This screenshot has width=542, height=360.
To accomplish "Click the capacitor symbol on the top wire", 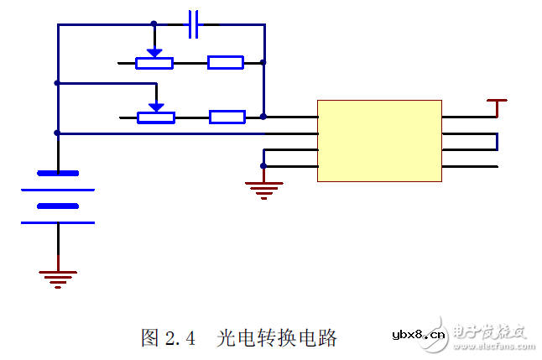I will click(194, 24).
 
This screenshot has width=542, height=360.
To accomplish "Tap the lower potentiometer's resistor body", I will click(156, 117).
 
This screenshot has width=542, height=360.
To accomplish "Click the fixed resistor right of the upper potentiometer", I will click(226, 62).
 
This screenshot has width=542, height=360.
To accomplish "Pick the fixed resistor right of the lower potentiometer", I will click(227, 117).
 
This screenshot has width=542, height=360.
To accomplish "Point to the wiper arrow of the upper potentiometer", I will click(154, 51).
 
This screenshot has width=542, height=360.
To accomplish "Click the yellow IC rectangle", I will click(379, 141).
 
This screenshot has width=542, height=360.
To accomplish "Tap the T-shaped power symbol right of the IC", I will click(498, 107).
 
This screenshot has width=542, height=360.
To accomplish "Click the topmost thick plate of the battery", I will click(58, 174).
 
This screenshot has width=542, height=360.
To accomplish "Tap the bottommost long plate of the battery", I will click(58, 222).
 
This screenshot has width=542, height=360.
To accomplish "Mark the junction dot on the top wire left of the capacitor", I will click(154, 24).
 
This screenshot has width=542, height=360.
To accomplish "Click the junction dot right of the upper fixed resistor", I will click(263, 62).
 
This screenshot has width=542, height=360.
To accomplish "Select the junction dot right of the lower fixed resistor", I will click(263, 117).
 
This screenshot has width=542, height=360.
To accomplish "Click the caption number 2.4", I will click(180, 338).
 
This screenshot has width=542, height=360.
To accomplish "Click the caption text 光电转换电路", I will click(277, 338).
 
